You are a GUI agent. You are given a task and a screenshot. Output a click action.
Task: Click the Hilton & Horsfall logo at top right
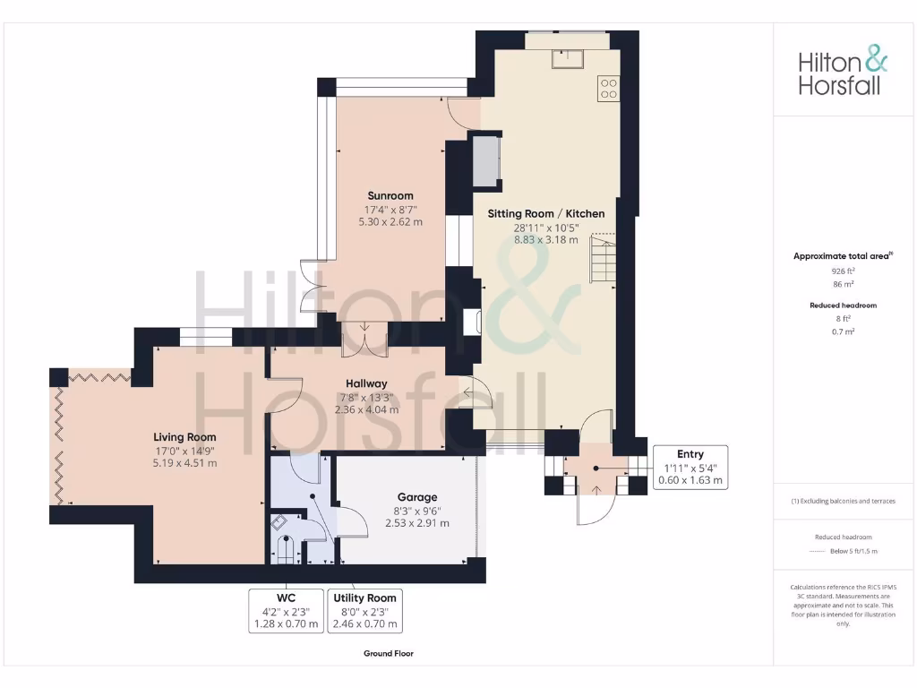point(843,73)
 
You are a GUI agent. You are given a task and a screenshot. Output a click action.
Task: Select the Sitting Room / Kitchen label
point(545,214)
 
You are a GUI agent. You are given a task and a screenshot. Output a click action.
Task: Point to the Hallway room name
point(366,383)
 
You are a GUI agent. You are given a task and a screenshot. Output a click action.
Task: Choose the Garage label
point(417,497)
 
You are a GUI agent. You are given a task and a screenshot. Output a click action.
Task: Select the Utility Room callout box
point(365,611)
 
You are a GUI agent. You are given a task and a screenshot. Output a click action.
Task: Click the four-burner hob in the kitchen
point(608,88)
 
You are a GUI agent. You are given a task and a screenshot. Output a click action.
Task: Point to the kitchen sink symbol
point(568,57)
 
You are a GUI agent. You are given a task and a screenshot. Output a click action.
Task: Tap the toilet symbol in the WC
point(286,549)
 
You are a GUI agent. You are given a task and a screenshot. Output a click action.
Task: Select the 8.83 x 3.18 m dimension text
point(545,239)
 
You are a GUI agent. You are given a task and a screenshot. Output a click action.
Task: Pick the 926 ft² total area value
point(844,270)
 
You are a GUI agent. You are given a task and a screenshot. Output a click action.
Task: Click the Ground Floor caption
point(389,654)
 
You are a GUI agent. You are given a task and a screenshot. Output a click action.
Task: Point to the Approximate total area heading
point(843,256)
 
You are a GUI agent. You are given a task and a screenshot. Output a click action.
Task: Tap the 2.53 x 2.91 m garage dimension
point(417,523)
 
